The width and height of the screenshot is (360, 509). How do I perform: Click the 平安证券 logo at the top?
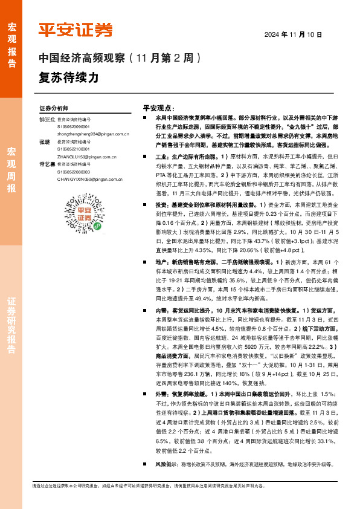click(76, 30)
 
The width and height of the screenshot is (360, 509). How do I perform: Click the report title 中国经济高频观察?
click(82, 59)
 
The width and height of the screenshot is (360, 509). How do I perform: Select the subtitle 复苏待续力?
click(68, 78)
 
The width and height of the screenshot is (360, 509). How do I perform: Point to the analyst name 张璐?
click(44, 141)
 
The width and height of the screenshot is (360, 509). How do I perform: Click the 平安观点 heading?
click(158, 105)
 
